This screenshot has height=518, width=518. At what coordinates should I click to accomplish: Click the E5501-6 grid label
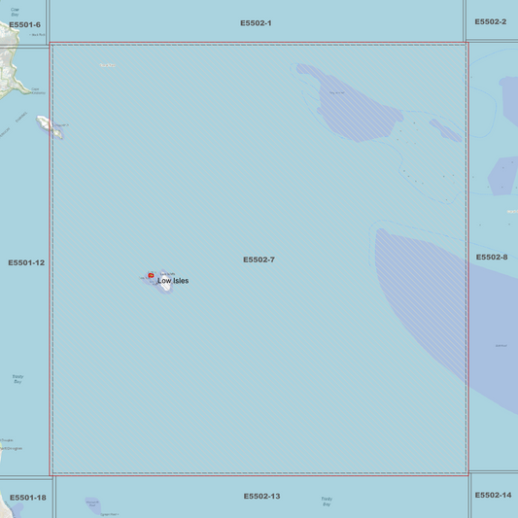click(x=24, y=25)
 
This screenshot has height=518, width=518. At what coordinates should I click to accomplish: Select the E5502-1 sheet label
click(x=257, y=22)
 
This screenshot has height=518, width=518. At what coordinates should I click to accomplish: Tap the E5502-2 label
click(x=491, y=21)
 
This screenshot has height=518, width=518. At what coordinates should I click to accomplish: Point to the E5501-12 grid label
click(x=26, y=262)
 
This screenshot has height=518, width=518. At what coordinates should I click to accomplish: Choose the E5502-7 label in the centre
click(x=259, y=259)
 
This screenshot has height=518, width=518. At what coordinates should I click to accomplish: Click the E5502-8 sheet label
click(x=492, y=258)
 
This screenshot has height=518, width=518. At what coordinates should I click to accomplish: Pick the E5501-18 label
click(x=27, y=498)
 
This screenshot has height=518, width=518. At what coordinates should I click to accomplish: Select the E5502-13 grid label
click(x=261, y=497)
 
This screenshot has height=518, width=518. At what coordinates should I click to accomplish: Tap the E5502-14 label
click(x=493, y=495)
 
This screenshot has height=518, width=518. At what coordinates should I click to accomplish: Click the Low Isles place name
click(x=173, y=281)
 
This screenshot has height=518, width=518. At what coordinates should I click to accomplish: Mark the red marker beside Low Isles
click(x=151, y=276)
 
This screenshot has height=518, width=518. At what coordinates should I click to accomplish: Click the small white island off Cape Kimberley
click(x=49, y=125)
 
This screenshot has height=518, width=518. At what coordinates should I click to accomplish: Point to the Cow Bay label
click(x=15, y=12)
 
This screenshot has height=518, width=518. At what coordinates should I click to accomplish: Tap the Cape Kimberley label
click(x=37, y=91)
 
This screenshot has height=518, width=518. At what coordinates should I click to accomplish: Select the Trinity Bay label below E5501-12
click(x=18, y=379)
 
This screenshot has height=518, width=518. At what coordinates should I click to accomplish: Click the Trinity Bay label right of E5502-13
click(x=327, y=501)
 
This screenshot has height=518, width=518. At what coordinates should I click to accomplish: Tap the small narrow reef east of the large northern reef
click(x=446, y=129)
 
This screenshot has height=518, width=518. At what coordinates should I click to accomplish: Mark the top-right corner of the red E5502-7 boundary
click(x=466, y=44)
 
